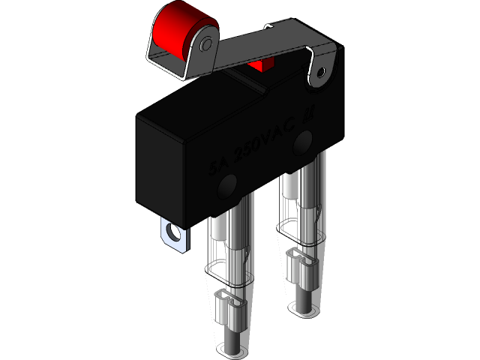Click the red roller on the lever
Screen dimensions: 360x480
coord(174,30)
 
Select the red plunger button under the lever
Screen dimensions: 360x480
coord(261,65)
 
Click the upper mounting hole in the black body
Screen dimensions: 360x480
coord(304,140)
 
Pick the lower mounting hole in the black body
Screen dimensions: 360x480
coord(228,184)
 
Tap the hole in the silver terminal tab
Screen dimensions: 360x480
coord(175,232)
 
